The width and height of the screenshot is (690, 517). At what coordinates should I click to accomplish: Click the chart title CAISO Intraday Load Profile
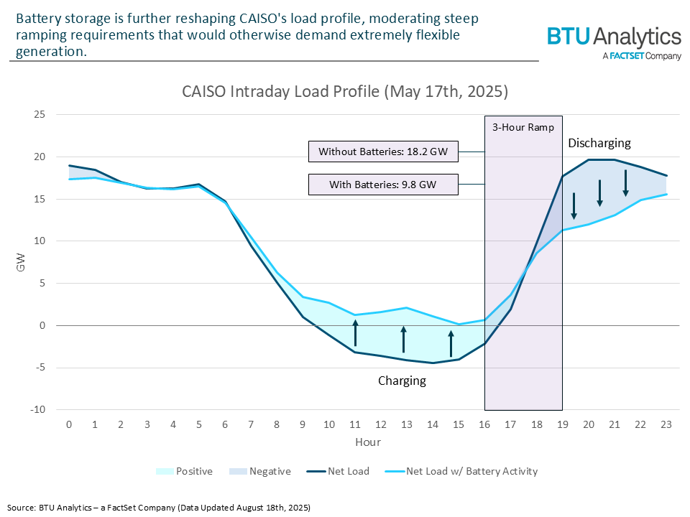(345, 92)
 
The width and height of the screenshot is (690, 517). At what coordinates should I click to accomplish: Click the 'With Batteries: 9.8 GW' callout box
(382, 185)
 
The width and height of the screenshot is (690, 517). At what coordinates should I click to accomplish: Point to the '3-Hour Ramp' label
(523, 127)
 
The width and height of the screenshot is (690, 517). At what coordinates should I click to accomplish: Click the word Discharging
(599, 144)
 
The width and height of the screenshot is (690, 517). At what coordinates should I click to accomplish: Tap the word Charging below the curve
(402, 381)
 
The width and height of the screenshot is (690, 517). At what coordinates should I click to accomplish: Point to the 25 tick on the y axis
(40, 115)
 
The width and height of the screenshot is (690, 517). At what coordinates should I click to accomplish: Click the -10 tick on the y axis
(37, 410)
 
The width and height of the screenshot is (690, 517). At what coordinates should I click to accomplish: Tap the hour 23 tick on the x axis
(666, 424)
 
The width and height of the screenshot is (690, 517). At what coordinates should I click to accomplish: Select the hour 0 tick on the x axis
(68, 424)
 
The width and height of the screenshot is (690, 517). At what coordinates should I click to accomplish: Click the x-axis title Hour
(367, 442)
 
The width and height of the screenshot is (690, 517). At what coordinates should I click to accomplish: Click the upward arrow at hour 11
(355, 334)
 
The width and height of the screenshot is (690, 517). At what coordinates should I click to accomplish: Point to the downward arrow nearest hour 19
(574, 205)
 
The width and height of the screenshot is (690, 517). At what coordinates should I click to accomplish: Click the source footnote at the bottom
(159, 508)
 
